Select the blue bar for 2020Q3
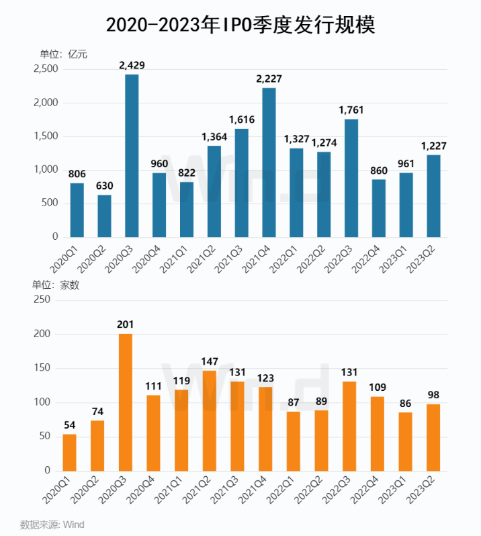[x=132, y=156]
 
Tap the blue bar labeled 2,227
[x=269, y=163]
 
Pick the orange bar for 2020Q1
[x=70, y=453]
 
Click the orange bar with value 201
[x=126, y=402]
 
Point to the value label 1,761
[x=351, y=109]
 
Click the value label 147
[x=209, y=361]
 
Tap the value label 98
[x=433, y=394]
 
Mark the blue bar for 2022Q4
[x=379, y=208]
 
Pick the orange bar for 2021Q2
[x=209, y=420]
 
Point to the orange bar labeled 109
[x=377, y=434]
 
